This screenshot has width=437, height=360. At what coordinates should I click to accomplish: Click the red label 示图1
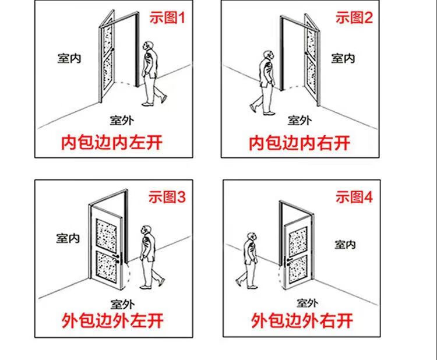click(167, 18)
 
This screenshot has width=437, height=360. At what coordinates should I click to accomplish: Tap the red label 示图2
click(354, 18)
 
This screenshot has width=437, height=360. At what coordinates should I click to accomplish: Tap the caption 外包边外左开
click(112, 320)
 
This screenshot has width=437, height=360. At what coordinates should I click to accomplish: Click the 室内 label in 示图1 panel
click(69, 59)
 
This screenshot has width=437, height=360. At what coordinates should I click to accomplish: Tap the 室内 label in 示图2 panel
click(343, 58)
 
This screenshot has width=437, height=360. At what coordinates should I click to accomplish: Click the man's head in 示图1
click(149, 47)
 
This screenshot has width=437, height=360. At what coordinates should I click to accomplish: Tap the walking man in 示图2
click(265, 82)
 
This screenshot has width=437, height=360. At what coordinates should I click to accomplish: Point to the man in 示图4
click(249, 259)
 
